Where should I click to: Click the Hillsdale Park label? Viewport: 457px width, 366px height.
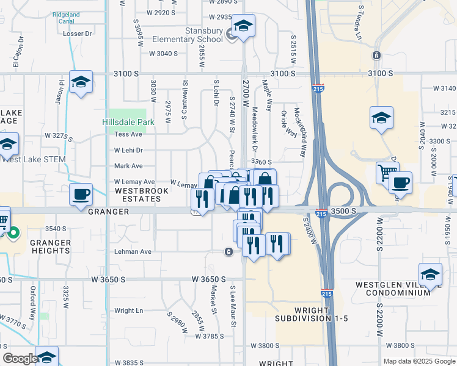pos(128,122)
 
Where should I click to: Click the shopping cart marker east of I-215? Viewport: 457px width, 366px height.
pos(388,174)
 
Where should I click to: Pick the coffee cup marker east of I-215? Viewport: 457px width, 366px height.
pos(400,182)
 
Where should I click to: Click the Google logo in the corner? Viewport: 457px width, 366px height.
pos(20,359)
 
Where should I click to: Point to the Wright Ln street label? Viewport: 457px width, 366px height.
pos(128,310)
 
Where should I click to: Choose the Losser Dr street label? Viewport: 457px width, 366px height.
pos(77,34)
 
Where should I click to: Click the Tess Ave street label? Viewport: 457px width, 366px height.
pos(128,134)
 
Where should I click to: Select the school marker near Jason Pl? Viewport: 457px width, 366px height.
pos(81,83)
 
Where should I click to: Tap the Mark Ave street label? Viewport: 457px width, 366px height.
pos(128,166)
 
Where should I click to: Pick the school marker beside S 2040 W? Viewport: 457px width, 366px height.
pos(381,117)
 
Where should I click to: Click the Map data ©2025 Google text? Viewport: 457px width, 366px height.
pos(419,361)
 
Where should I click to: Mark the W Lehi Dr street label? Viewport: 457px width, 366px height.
pos(128,150)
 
